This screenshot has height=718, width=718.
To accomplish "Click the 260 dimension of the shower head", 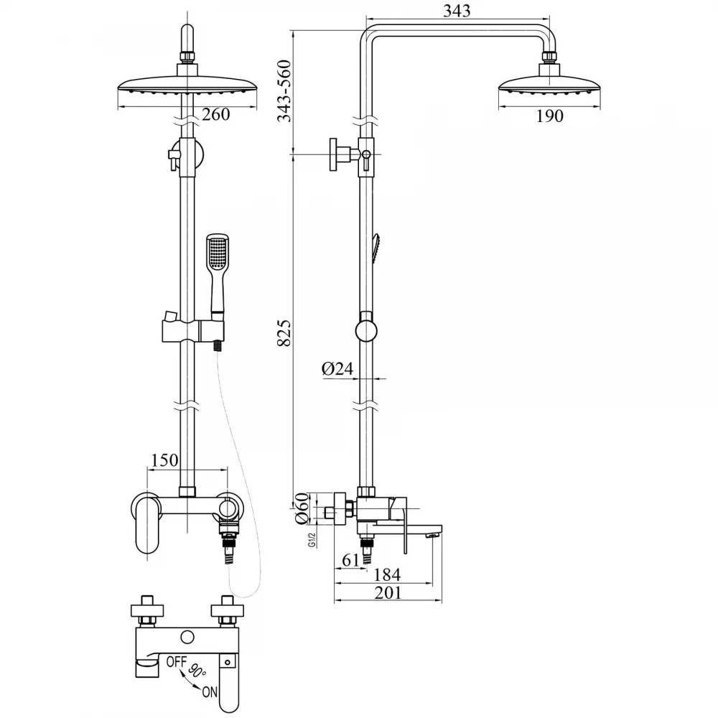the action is click(215, 114).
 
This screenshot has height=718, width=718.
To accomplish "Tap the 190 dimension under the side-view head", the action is click(549, 116).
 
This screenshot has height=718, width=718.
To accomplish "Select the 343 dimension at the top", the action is click(457, 11).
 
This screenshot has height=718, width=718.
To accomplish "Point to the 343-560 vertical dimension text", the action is click(284, 90).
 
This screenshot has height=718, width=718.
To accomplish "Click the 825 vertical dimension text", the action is click(284, 333).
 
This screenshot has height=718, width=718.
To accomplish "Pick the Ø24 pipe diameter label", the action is click(337, 368).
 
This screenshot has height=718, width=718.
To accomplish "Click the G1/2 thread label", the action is click(312, 541).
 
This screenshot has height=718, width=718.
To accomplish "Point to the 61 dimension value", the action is click(351, 559).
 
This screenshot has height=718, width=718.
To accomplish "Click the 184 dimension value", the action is click(388, 574).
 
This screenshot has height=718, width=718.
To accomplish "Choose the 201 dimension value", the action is click(388, 592).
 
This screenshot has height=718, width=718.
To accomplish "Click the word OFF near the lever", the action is click(177, 662).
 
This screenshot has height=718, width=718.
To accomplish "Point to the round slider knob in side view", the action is click(367, 332).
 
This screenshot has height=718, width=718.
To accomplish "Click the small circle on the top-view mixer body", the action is click(187, 637).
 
